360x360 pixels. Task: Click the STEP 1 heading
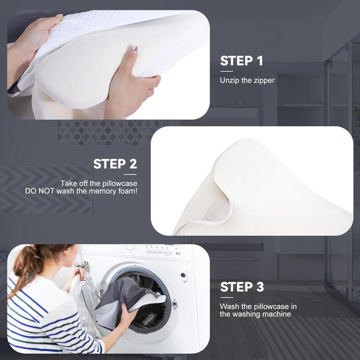[242, 61]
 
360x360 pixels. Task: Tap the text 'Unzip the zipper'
[247, 81]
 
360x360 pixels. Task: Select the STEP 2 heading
[115, 164]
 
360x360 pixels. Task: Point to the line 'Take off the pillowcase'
[99, 184]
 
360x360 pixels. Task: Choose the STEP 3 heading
[242, 287]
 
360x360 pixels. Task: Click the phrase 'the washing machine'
[255, 314]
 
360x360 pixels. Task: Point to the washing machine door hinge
[82, 266]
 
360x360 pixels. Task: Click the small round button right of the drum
[183, 274]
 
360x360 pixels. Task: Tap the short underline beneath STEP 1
[226, 71]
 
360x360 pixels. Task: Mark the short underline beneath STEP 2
[130, 174]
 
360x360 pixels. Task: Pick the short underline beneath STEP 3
[226, 297]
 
